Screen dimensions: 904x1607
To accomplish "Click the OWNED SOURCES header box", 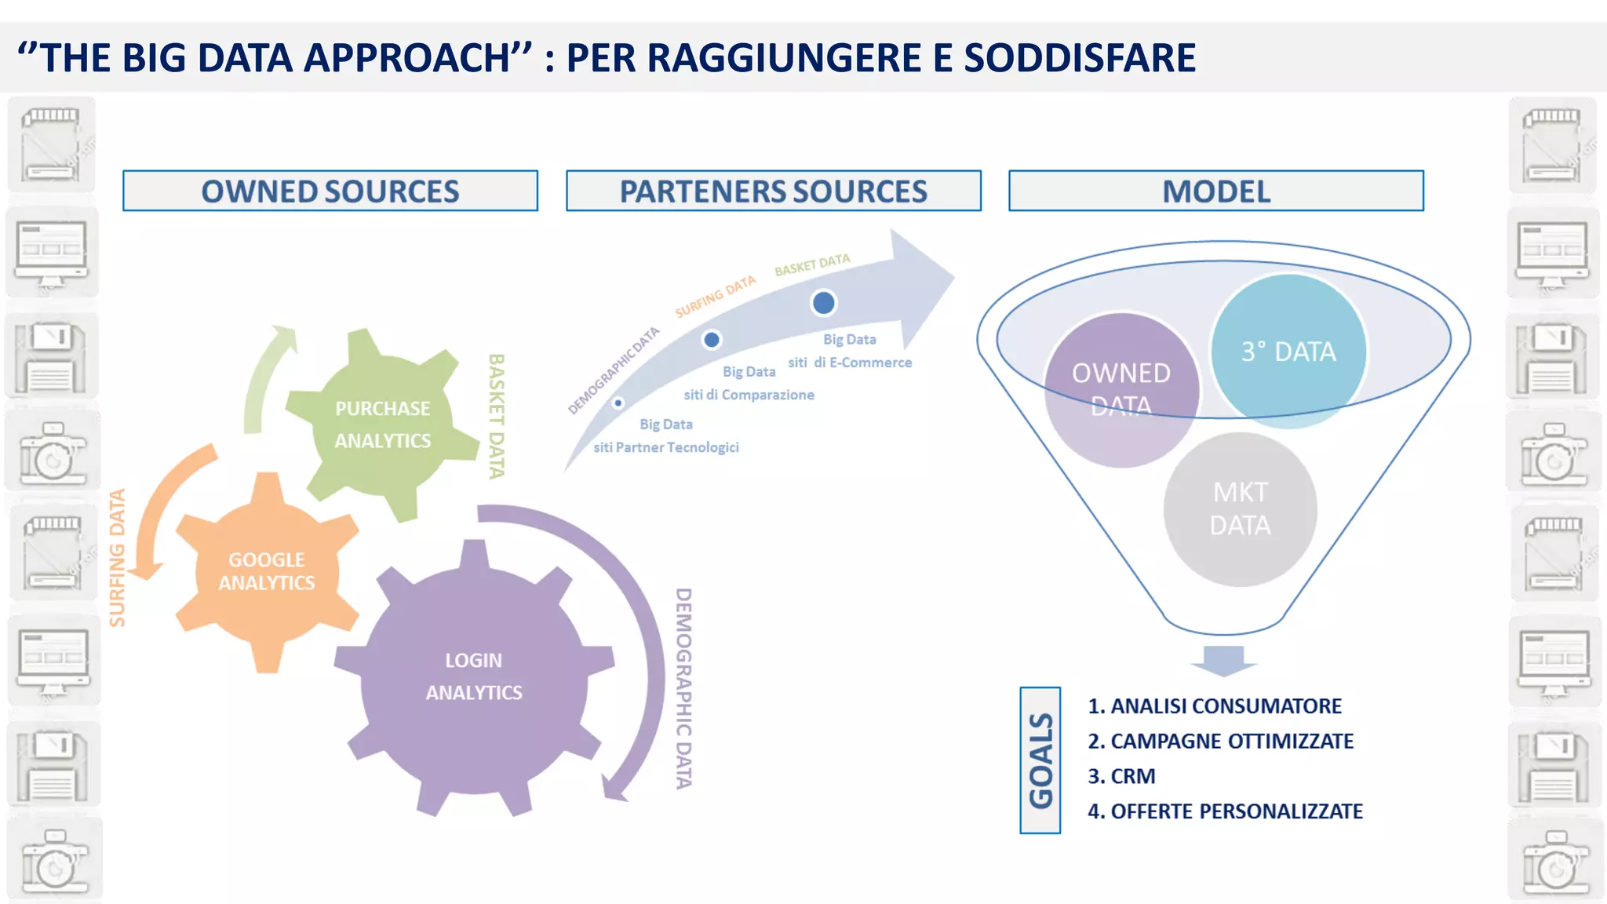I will tap(330, 191).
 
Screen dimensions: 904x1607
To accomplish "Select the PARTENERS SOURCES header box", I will tap(773, 191).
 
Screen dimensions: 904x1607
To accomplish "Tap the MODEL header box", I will tap(1215, 191).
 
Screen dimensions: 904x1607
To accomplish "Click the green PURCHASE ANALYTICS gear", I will tap(382, 425).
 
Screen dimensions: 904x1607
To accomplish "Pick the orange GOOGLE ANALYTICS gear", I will tap(267, 571).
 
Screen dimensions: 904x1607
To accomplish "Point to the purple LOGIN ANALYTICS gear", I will tap(474, 676).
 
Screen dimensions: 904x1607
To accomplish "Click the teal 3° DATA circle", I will tap(1288, 351).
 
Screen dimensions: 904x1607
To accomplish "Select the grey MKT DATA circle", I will tap(1240, 508).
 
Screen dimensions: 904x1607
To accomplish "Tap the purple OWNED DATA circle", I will tap(1121, 389).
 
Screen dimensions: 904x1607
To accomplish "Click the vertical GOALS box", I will tap(1040, 760).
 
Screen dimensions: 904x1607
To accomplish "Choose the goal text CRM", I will tap(1132, 776).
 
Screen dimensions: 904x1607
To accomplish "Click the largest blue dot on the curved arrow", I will tap(823, 303).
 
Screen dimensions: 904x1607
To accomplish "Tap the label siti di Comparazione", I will tap(749, 395).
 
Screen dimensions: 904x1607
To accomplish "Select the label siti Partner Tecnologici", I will tap(666, 447).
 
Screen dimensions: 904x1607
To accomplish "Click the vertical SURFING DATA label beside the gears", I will tap(118, 558).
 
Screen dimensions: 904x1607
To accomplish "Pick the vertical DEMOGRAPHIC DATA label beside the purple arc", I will tap(683, 688).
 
